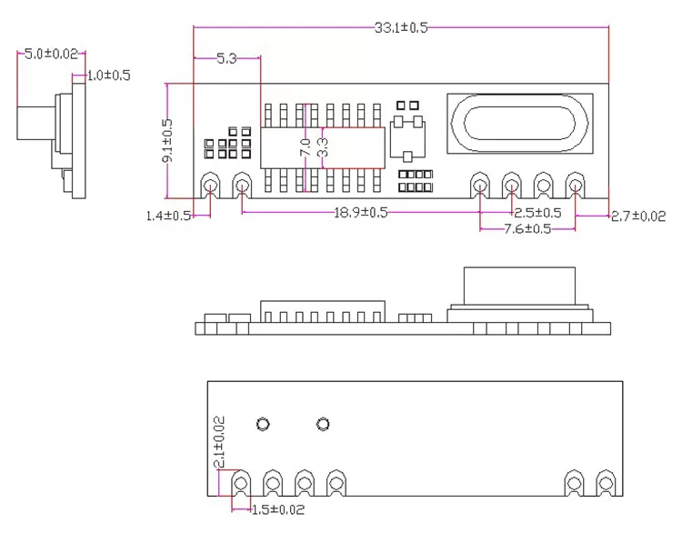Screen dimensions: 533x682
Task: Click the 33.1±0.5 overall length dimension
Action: [401, 27]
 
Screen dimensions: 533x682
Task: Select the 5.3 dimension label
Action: [226, 59]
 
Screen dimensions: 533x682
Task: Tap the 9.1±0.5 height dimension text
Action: [167, 140]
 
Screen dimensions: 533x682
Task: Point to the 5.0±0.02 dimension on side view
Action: [50, 55]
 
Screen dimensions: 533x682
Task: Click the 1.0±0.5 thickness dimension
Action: [108, 75]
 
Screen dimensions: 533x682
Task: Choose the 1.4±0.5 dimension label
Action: [169, 216]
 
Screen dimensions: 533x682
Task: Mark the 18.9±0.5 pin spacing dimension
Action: [361, 213]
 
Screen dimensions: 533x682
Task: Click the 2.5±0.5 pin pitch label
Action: [537, 213]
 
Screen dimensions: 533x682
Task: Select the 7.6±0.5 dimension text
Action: [527, 229]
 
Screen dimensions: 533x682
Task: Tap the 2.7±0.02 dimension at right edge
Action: [638, 216]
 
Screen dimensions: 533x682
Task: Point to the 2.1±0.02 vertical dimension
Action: [218, 442]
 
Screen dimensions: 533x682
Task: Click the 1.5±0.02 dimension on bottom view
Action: [278, 509]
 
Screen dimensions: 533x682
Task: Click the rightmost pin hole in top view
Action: [575, 186]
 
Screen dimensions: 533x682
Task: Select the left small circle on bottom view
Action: [264, 424]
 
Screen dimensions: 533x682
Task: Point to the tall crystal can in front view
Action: [519, 289]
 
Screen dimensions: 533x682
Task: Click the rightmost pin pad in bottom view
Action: [605, 481]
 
